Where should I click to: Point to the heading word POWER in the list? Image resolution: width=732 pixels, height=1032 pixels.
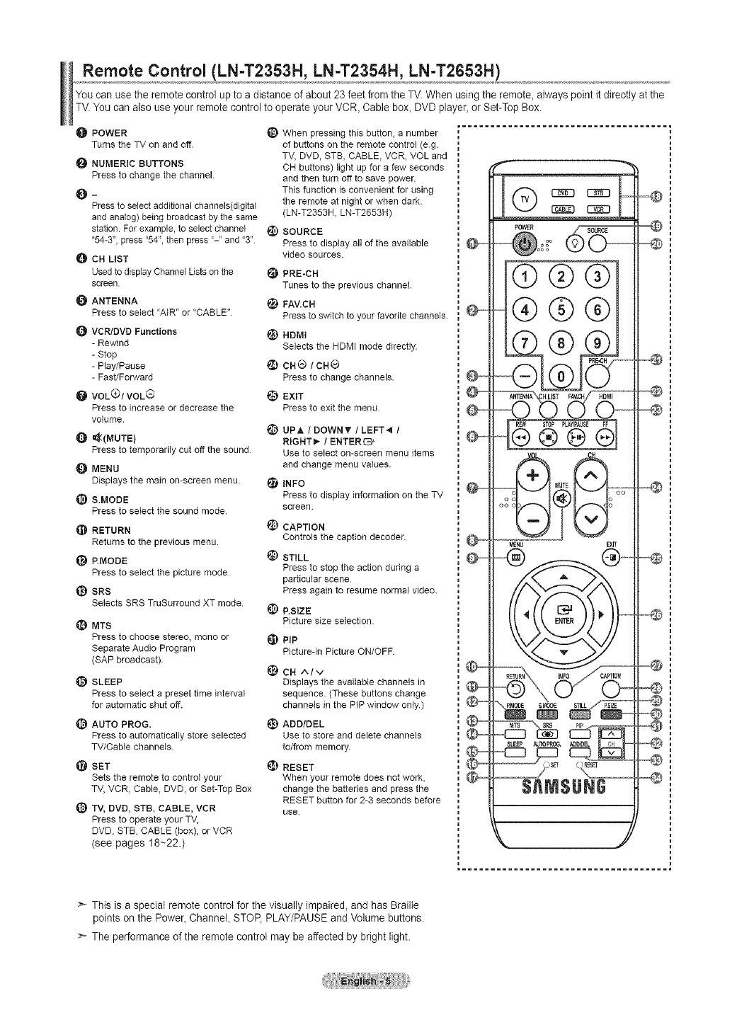pos(110,133)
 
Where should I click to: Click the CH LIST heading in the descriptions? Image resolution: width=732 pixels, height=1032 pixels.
pos(110,258)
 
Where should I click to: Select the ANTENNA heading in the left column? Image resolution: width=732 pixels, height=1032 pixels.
pos(115,301)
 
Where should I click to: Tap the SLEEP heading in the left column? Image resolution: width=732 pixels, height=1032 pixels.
pos(107,682)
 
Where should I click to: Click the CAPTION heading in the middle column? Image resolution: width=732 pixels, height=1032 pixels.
pos(304,527)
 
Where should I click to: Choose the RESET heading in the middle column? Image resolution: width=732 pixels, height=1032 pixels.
pos(298,767)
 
